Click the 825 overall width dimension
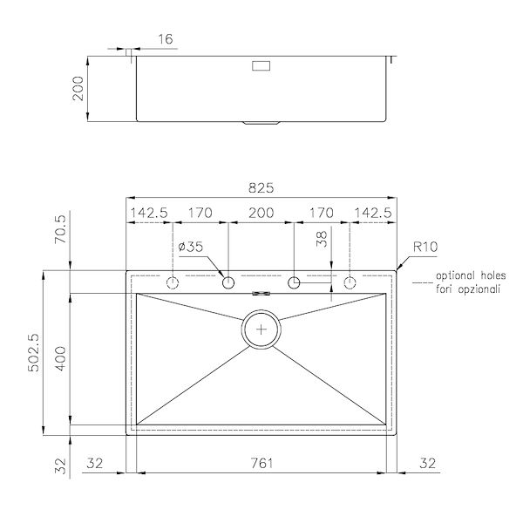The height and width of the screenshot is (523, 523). (261, 188)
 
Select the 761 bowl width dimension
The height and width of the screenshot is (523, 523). (261, 463)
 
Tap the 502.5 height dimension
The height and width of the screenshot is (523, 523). (33, 353)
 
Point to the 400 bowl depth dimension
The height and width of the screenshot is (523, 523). (61, 358)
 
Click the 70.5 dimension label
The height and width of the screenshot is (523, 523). (61, 228)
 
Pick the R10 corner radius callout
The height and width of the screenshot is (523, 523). (425, 247)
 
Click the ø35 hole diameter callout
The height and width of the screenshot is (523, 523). (190, 247)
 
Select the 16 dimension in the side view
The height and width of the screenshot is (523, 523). (165, 39)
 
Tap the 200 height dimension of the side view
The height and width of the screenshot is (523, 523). (78, 88)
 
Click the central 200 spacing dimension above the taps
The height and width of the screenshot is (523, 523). (261, 213)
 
